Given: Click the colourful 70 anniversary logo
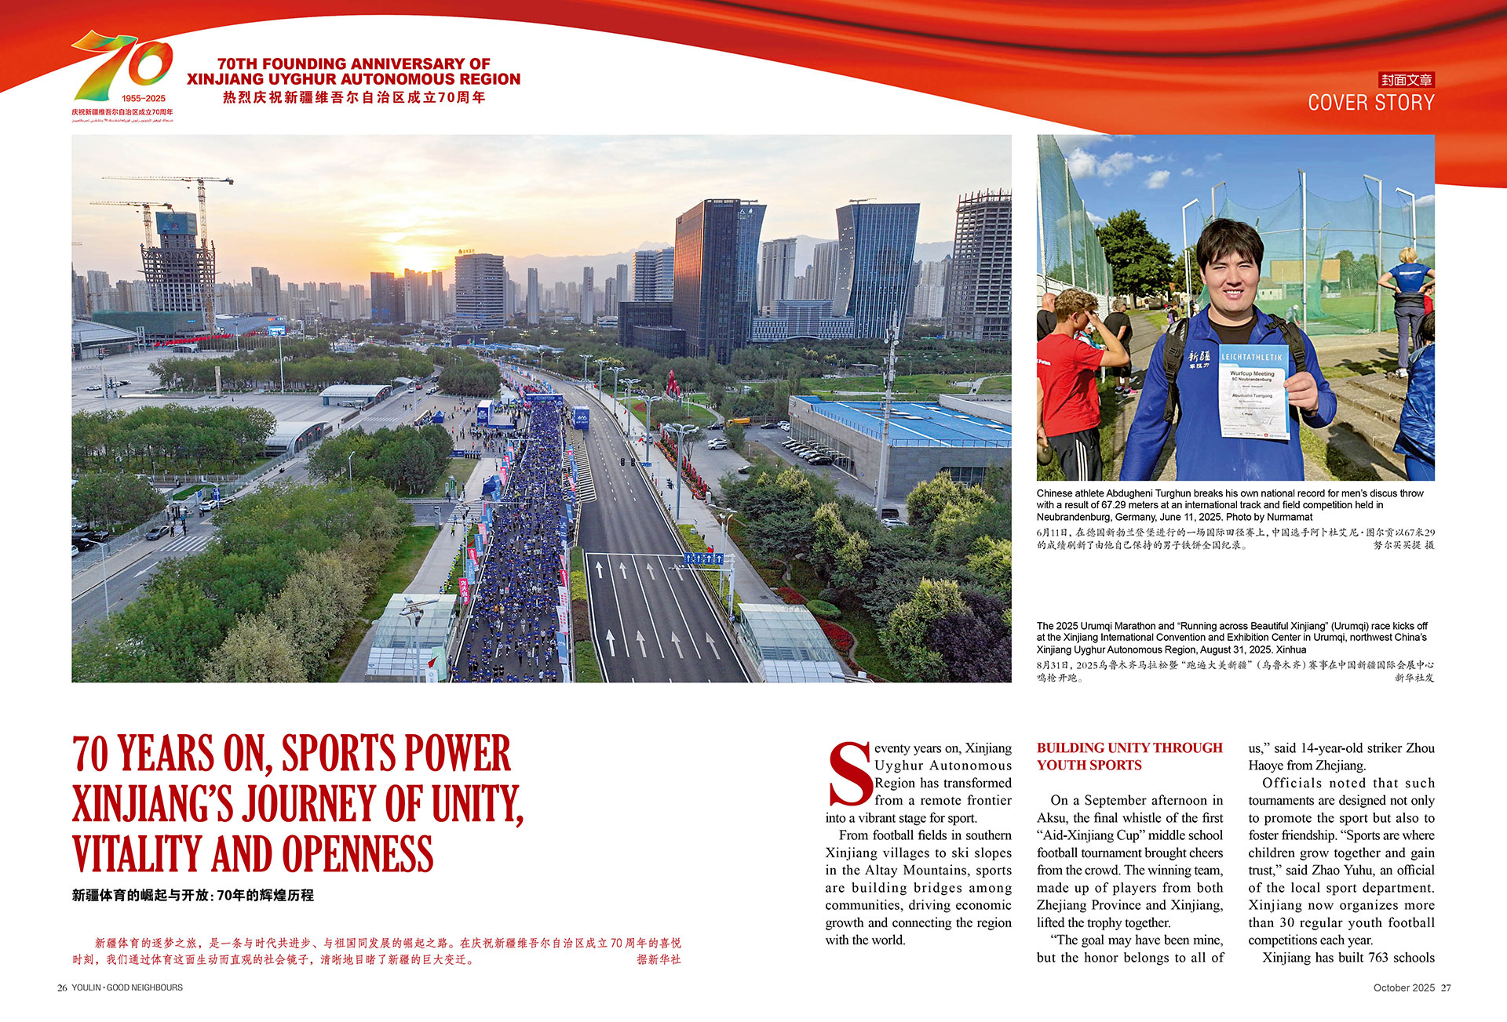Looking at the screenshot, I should (122, 66).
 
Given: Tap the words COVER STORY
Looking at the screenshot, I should (1370, 103).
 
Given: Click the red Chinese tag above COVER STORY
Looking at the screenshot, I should (1407, 80).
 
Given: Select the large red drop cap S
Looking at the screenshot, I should (849, 774).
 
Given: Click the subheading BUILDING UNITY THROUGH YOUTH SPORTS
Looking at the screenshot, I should (1129, 756).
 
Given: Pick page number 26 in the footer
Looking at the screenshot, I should (62, 987).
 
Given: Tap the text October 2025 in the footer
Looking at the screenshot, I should (1403, 987).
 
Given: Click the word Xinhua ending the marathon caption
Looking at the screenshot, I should (1290, 649).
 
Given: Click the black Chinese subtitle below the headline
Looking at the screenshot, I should (193, 895).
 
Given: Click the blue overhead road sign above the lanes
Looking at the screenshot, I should (703, 558).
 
